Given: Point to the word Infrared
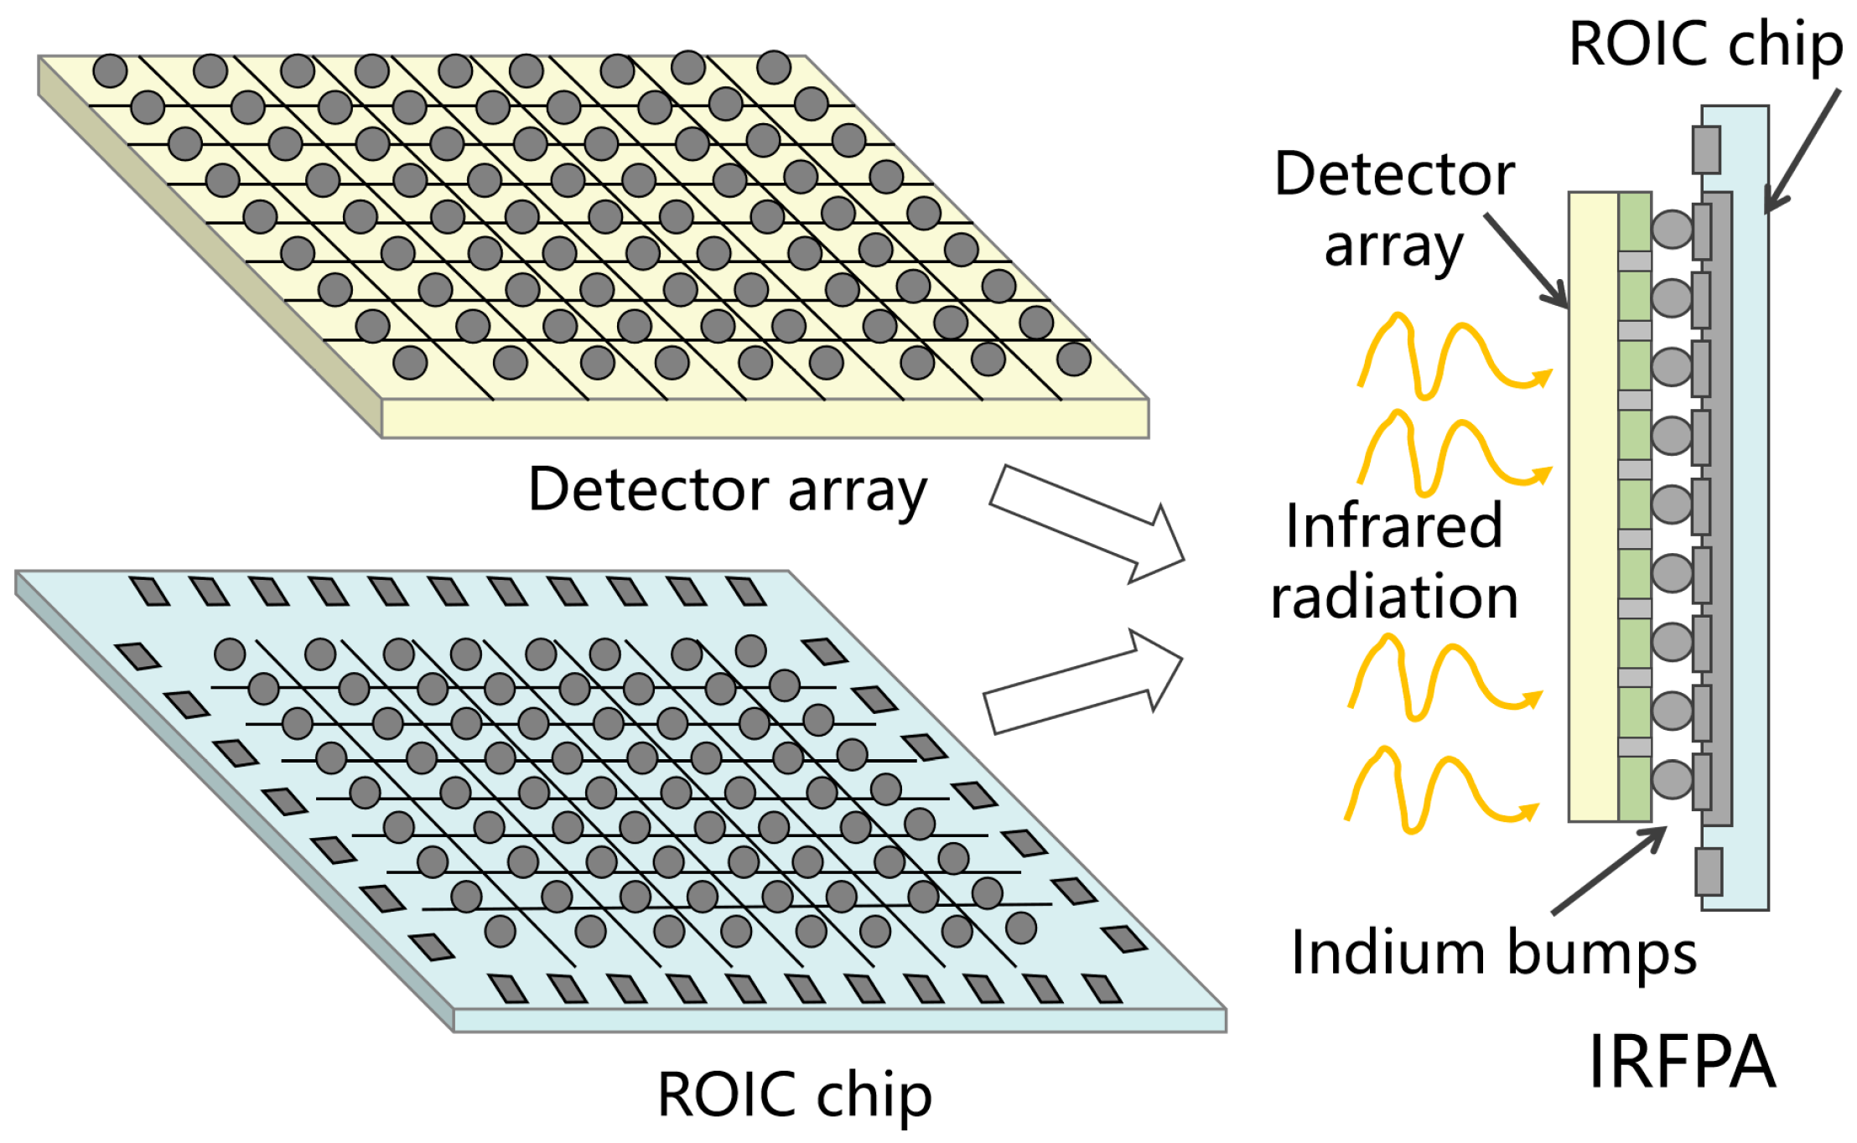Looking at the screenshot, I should point(1394,526).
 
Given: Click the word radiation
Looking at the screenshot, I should point(1394,597).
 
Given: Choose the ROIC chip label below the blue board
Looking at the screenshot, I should point(794,1094).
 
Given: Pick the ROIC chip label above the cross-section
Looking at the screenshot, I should point(1705,44).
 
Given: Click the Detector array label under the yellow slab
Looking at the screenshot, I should point(727,490).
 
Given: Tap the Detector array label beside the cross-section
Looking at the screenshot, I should point(1394,209).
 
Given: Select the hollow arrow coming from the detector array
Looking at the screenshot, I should point(1087,524).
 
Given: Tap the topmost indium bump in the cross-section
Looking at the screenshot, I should point(1672,229).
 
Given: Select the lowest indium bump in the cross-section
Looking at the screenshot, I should point(1672,779).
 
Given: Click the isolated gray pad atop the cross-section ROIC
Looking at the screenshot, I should point(1706,150).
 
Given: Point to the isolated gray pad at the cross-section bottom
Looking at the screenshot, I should point(1709,871).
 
